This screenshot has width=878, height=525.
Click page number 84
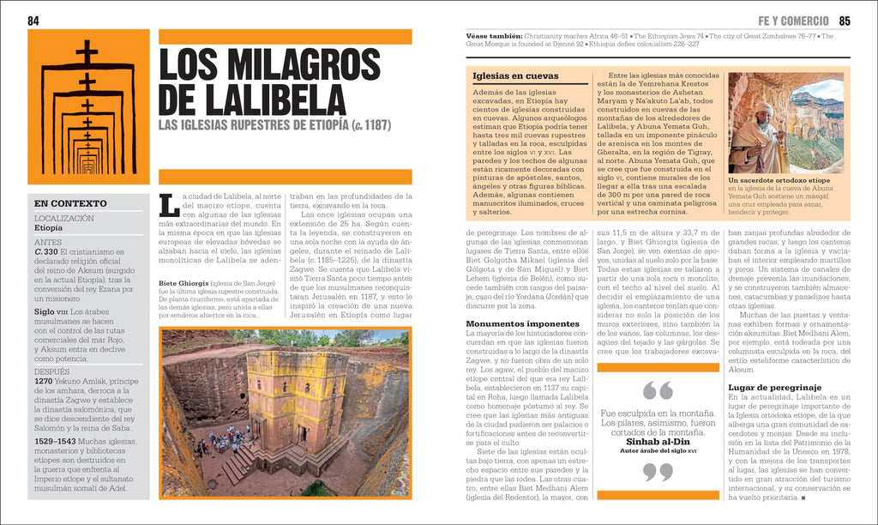(x=33, y=21)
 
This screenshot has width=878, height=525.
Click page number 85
(x=844, y=21)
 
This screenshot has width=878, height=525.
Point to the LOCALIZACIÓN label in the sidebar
(x=65, y=219)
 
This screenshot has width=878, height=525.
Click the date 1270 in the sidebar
(x=44, y=380)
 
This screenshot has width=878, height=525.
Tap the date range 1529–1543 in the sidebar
(x=56, y=440)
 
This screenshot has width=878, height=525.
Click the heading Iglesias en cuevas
(x=515, y=75)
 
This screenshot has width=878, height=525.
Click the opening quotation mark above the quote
(x=658, y=391)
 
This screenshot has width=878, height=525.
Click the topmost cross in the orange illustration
(x=87, y=53)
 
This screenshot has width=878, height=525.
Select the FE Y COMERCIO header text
(x=793, y=21)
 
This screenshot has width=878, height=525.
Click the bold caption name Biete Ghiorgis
(x=183, y=283)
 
